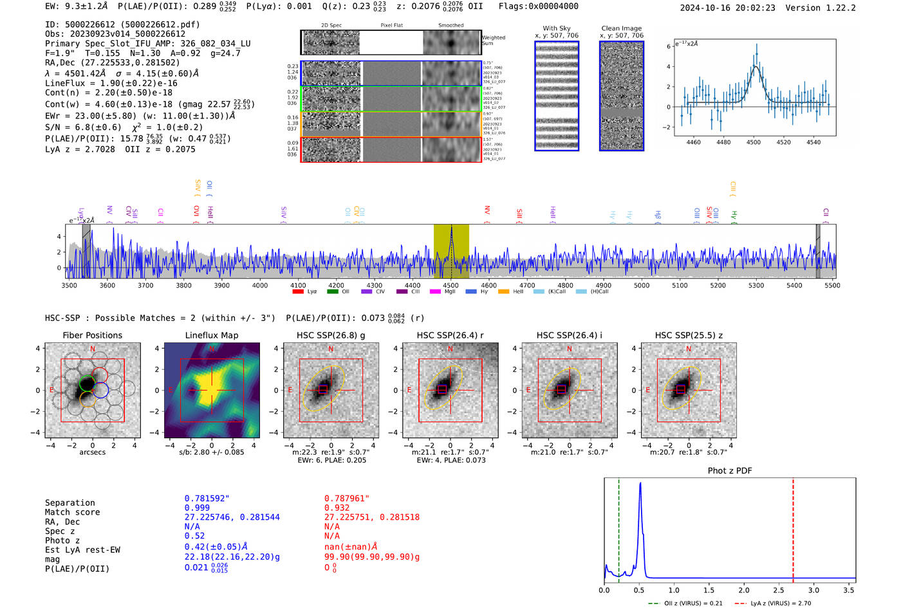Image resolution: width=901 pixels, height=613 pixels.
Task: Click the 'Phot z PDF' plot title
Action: [729, 471]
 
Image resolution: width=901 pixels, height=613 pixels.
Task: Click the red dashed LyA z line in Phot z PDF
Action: [793, 527]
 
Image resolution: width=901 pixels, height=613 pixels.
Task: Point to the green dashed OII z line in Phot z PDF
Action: [618, 527]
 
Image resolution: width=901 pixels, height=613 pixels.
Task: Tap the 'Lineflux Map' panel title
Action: [211, 335]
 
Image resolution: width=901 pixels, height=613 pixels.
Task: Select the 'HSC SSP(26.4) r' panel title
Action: [450, 335]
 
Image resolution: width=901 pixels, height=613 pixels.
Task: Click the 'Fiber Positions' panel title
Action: [92, 335]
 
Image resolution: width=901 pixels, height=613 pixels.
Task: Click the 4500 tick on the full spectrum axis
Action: [450, 286]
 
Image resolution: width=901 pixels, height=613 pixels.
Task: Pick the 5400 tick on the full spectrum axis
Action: [794, 286]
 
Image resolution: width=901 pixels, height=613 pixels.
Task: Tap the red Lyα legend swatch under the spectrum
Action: [298, 292]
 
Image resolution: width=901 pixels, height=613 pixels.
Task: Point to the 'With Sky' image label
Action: [557, 28]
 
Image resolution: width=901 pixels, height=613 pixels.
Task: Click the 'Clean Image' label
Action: [621, 28]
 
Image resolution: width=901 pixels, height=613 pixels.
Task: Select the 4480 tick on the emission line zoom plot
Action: [723, 142]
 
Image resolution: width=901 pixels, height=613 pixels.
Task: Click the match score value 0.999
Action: [197, 508]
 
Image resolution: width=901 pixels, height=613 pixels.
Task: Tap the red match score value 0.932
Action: [337, 508]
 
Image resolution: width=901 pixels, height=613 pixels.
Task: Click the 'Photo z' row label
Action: [62, 540]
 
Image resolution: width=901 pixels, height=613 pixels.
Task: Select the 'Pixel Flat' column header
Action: [391, 26]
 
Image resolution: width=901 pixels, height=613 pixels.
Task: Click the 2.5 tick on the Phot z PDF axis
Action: [744, 590]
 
